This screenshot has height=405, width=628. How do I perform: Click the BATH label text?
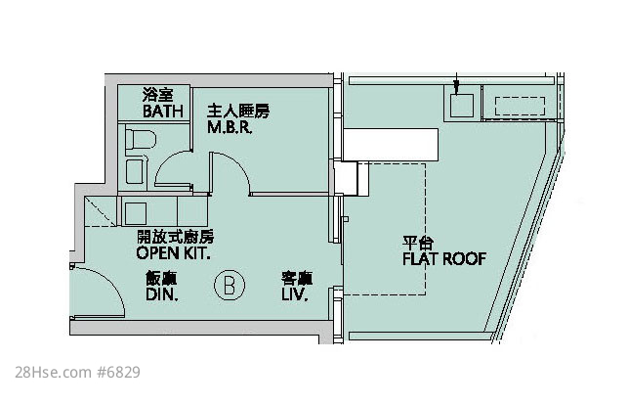(x=162, y=112)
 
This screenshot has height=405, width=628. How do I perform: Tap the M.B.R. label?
(x=230, y=127)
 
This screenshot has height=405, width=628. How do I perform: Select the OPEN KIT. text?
(x=173, y=253)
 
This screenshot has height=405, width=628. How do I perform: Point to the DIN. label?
(x=162, y=294)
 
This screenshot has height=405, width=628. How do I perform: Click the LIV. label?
(x=294, y=294)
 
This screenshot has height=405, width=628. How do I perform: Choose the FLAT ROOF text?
(x=444, y=259)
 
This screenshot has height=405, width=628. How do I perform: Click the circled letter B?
(x=230, y=286)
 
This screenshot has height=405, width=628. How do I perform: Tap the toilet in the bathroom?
(x=141, y=139)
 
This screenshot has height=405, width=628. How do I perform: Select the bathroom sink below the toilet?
(x=134, y=171)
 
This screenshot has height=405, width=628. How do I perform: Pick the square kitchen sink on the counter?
(x=136, y=213)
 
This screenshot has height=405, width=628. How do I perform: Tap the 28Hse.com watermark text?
(x=53, y=372)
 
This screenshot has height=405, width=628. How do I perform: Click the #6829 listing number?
(x=118, y=372)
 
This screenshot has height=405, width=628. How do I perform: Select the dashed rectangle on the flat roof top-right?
(x=520, y=106)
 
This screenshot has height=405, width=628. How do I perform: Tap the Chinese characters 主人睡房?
(x=238, y=112)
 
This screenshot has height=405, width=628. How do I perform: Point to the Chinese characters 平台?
(x=418, y=243)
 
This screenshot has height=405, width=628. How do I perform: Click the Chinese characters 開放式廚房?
(x=175, y=237)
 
